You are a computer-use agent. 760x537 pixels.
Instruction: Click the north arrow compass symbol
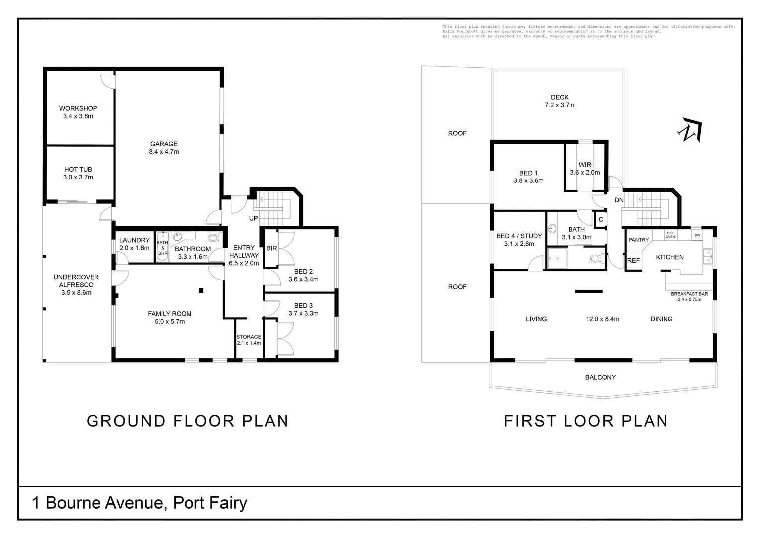coord(690,130)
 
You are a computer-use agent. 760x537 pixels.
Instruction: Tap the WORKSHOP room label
coord(78,108)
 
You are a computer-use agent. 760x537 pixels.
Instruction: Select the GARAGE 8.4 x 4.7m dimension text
coord(164,152)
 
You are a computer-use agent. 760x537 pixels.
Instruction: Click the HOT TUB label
coord(78,169)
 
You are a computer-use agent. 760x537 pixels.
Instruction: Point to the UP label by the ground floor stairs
coord(254,218)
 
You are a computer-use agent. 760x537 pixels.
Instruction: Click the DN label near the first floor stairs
coord(619,200)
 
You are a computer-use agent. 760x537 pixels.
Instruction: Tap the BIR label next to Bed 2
coord(272,248)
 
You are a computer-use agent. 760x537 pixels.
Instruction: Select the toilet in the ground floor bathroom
coord(214,238)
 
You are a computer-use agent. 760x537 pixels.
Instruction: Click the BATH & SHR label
coord(162,248)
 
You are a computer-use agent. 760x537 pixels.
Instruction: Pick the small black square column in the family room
coord(201,290)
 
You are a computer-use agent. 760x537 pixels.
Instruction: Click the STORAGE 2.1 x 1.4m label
coord(249,340)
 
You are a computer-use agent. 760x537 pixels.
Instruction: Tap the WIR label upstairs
coord(585,165)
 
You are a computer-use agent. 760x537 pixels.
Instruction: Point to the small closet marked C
coord(601,219)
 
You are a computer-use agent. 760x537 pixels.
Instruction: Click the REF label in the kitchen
coord(633,260)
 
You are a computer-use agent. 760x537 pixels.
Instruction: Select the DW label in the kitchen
coord(697,235)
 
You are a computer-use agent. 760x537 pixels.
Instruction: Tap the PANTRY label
coord(638,240)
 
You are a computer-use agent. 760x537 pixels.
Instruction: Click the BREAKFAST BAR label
coord(689,294)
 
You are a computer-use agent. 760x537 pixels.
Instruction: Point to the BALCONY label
coord(600,377)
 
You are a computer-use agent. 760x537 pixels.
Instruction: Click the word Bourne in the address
coord(73,502)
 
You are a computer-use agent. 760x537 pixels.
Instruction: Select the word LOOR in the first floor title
coord(589,421)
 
